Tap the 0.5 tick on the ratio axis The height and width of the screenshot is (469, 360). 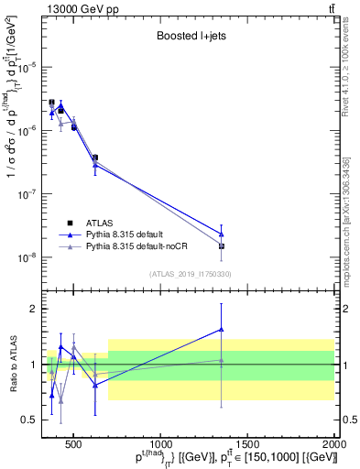point(31,420)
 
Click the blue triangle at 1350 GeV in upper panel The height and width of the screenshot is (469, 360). point(222,234)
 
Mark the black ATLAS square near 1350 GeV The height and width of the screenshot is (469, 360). point(222,245)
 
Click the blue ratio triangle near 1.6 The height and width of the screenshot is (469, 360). point(222,330)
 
